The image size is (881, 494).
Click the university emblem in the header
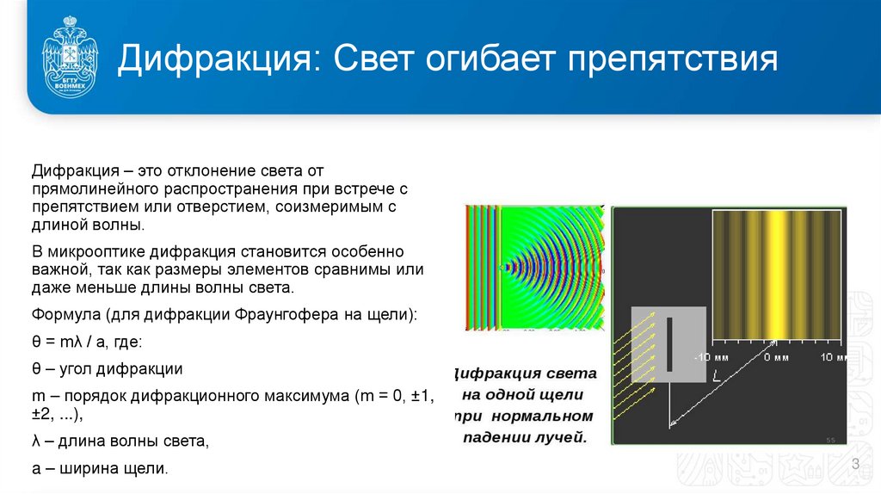click(x=70, y=56)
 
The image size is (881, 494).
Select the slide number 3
click(x=856, y=465)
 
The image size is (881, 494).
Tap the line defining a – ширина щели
click(x=99, y=469)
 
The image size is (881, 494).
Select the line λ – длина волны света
click(x=120, y=442)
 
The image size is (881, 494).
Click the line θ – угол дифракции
click(x=107, y=368)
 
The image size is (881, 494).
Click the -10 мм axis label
click(x=712, y=356)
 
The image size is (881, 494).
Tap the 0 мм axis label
click(x=775, y=356)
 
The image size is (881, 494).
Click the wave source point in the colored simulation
click(x=505, y=269)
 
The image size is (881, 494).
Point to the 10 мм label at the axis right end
click(x=831, y=356)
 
